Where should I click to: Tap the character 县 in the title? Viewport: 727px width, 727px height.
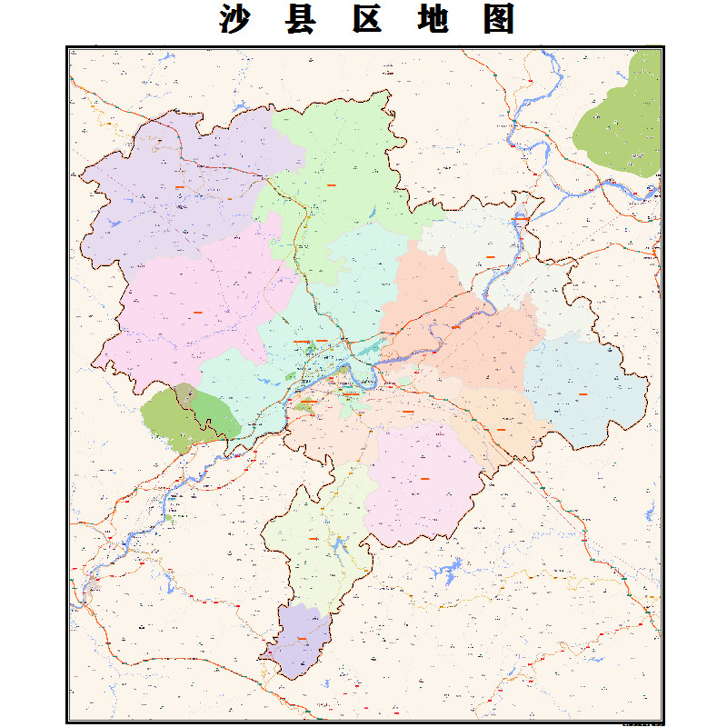point(302,19)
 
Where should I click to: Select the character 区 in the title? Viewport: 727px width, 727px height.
point(366,19)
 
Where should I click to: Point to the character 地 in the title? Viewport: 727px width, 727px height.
point(433,19)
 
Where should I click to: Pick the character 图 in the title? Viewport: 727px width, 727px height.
point(499,19)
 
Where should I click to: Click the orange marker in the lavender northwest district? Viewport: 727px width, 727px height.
point(180,186)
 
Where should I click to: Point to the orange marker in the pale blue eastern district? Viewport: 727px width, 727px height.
point(583,393)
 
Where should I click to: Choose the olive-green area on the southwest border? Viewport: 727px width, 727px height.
point(186,416)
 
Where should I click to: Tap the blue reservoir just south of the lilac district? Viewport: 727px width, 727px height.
point(447,573)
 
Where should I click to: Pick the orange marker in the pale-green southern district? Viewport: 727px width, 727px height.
point(314,539)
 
